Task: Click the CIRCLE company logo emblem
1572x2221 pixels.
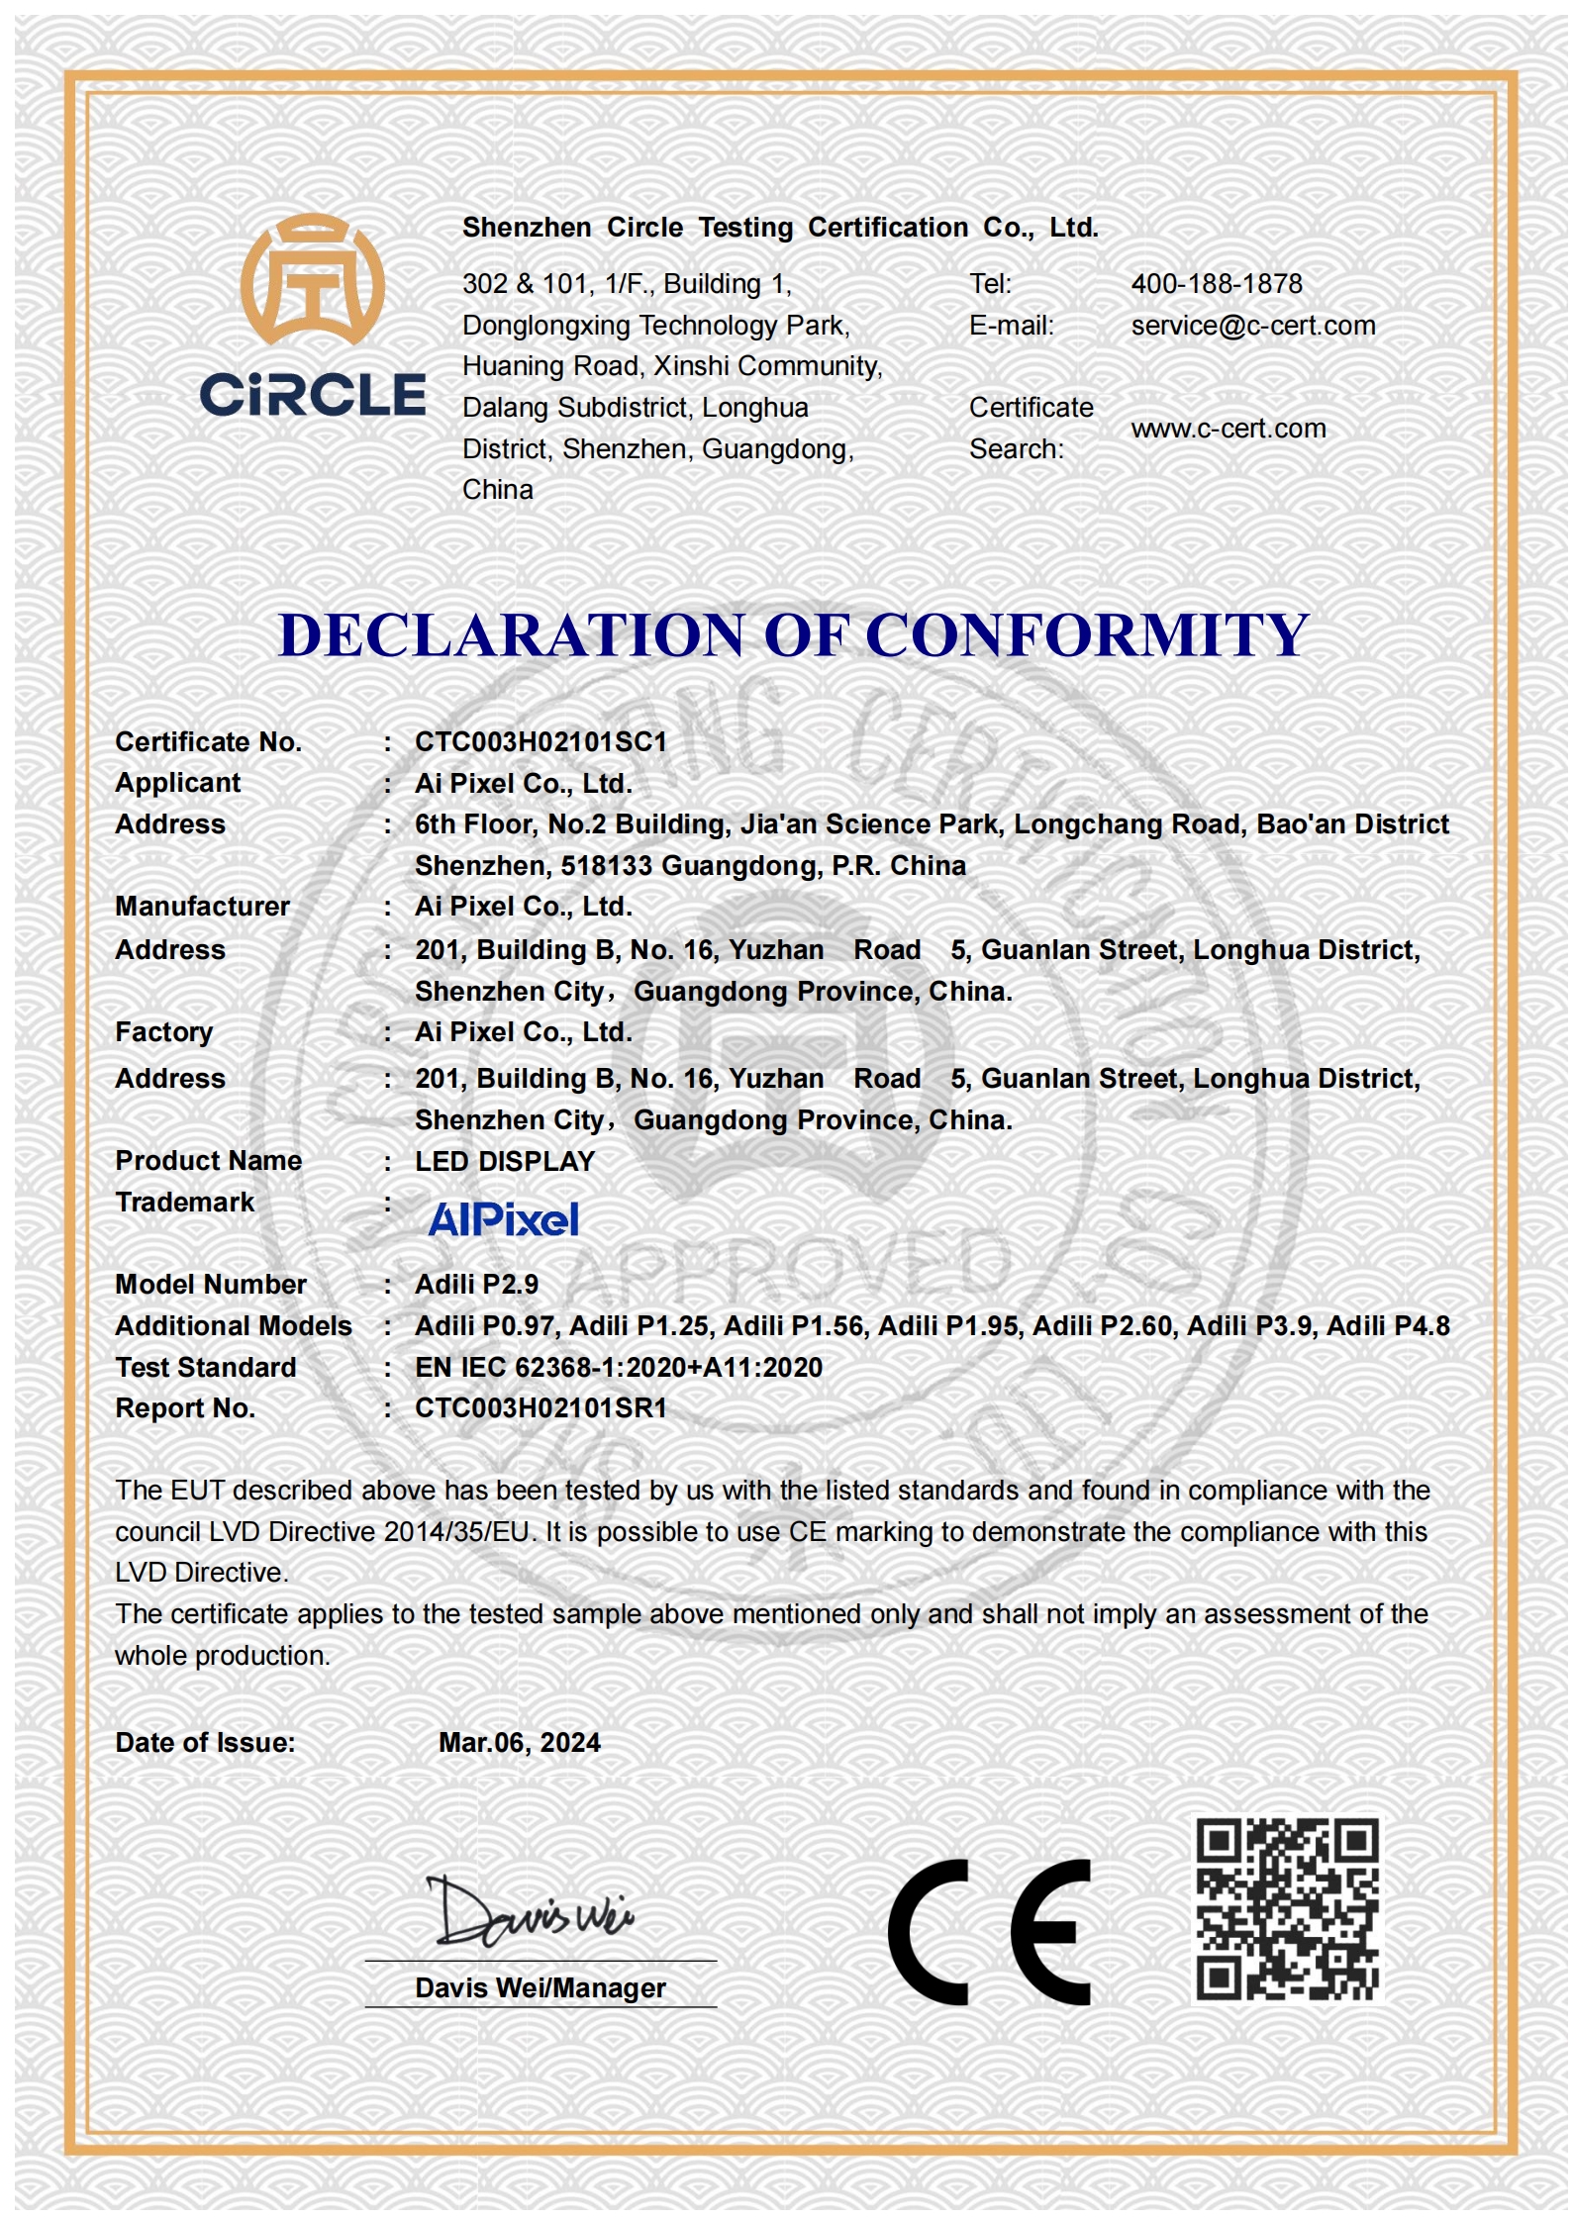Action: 312,280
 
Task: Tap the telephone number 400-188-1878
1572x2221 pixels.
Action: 1216,284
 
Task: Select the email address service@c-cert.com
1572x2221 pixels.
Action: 1252,326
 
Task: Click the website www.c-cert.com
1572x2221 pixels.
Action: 1228,429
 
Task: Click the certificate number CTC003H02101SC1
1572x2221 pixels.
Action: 540,742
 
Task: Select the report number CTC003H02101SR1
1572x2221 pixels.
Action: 540,1407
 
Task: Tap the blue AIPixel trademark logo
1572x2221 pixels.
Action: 503,1219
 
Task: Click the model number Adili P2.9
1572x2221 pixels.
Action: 476,1284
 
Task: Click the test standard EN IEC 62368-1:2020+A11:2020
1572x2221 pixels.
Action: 618,1367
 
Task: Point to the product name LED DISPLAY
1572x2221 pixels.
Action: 504,1161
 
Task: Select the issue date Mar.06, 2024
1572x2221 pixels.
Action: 519,1742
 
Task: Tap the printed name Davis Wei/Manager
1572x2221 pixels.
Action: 540,1987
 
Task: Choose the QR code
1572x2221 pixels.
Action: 1286,1909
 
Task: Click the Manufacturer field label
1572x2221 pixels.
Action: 202,907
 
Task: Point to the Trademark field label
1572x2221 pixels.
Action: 184,1202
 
